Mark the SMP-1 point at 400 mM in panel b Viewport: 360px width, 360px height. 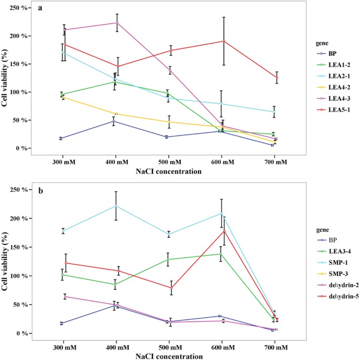[115, 205]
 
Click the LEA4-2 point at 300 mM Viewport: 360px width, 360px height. [63, 97]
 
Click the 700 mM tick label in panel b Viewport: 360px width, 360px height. [276, 348]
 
